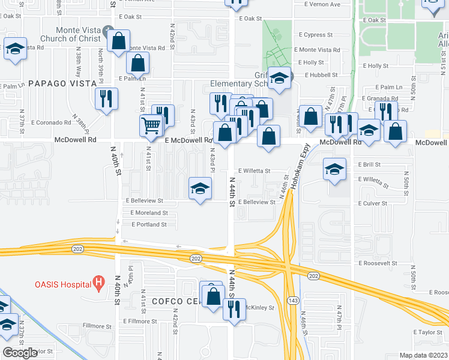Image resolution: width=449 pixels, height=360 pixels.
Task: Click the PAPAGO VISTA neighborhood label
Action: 62,83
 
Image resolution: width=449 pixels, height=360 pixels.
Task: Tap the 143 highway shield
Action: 292,300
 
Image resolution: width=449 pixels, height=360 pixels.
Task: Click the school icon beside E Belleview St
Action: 200,189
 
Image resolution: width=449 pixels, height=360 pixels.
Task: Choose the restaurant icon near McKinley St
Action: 232,310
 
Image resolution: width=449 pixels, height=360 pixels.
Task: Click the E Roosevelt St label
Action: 379,263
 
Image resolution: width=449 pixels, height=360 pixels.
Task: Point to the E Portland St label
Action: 149,224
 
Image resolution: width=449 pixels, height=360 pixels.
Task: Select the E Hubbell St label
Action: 323,76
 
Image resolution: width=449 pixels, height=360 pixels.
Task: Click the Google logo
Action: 20,352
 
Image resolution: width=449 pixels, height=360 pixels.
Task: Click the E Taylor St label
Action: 427,331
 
